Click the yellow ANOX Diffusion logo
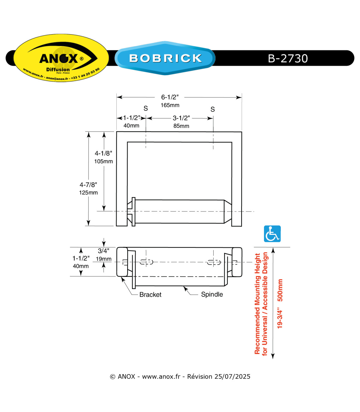(x=61, y=58)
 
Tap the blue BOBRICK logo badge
(x=165, y=58)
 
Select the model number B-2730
(x=288, y=59)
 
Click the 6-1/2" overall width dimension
(x=170, y=97)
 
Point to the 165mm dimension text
(x=170, y=105)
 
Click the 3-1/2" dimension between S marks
(x=181, y=118)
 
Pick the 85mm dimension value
(x=181, y=126)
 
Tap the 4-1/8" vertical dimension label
(x=103, y=153)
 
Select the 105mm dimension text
(x=103, y=161)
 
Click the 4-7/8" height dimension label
(x=88, y=184)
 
